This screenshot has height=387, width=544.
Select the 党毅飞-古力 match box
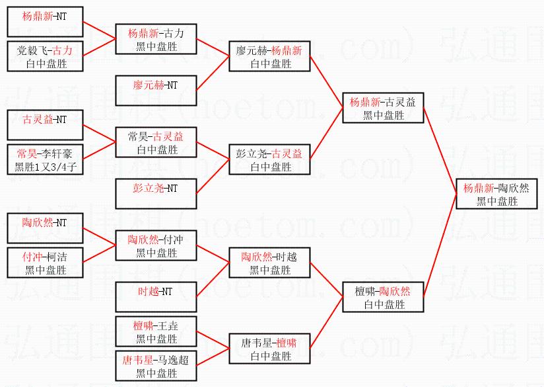45,56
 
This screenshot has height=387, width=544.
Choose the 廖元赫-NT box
156,91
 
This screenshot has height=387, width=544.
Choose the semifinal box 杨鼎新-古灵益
384,108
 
